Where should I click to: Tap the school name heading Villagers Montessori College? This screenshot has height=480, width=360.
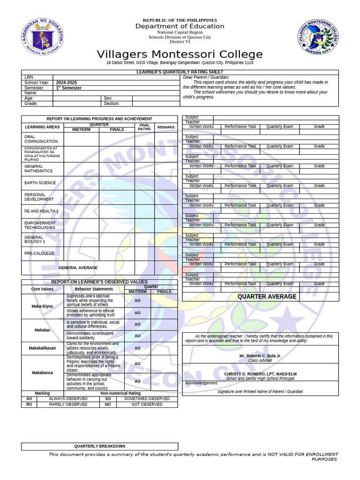point(180,54)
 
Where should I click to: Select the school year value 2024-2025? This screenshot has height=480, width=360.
point(67,82)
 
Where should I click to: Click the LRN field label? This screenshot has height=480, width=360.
point(29,77)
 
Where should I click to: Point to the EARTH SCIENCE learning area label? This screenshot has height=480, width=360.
point(40,183)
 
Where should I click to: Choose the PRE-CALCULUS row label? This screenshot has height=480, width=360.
point(39,254)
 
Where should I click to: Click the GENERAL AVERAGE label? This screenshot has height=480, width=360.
point(78,268)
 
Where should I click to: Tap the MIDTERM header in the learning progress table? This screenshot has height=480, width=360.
point(81,129)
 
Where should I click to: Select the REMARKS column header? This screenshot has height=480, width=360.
point(165,127)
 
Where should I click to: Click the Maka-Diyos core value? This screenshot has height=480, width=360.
point(42,306)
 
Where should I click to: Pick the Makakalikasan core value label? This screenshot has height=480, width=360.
point(42,348)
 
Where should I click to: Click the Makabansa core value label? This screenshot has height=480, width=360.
point(42,373)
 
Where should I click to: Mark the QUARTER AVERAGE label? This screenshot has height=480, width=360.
point(267,296)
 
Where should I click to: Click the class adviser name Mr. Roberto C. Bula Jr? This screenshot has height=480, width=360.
point(260,356)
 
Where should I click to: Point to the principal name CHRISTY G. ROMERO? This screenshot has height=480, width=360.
point(260,374)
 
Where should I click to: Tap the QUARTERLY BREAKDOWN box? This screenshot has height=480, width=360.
point(99,446)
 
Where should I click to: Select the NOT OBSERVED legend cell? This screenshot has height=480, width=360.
point(147,404)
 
